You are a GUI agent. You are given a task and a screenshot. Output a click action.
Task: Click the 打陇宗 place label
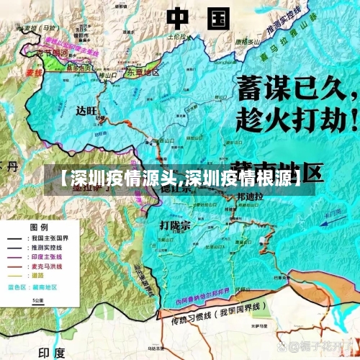tap(175, 225)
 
